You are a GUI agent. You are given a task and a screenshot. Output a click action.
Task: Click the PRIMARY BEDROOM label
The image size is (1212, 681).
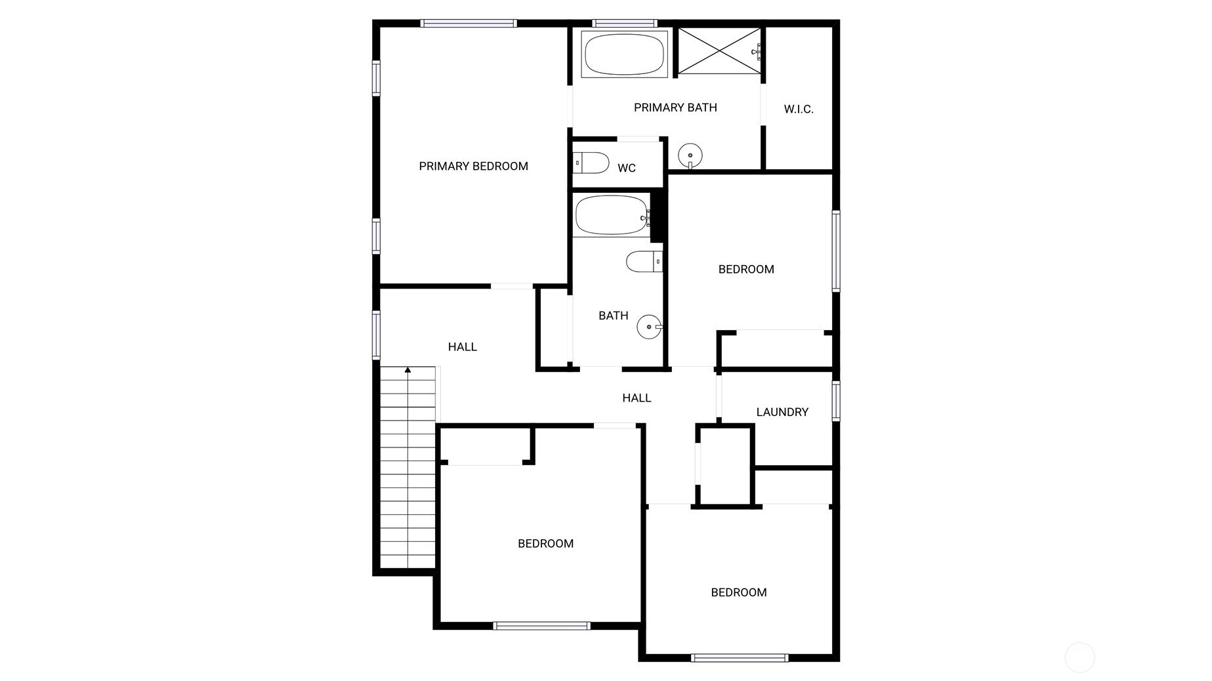(x=473, y=167)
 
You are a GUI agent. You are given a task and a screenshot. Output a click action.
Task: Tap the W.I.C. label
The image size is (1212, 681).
(x=799, y=110)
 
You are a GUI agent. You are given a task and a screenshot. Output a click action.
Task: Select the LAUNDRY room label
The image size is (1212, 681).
(x=782, y=412)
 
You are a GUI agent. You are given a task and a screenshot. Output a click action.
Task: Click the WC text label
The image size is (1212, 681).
(x=627, y=169)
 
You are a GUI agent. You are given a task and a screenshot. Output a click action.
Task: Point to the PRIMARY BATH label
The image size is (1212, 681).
(x=675, y=108)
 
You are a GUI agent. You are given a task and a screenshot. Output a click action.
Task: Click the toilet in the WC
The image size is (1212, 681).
(x=591, y=163)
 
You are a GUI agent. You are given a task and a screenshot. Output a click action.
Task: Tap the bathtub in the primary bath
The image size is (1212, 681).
(x=624, y=54)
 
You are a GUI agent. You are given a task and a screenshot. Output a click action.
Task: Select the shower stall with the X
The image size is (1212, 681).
(x=719, y=51)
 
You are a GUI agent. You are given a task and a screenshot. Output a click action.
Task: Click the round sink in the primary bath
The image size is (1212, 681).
(x=690, y=156)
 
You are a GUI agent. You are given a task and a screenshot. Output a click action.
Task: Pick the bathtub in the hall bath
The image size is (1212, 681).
(x=612, y=215)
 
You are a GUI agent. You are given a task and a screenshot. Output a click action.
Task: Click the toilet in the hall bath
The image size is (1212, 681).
(x=644, y=262)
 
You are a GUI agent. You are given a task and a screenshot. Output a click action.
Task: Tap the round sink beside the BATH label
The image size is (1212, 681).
(x=650, y=327)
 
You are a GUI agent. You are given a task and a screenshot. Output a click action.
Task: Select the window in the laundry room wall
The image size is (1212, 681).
(x=836, y=401)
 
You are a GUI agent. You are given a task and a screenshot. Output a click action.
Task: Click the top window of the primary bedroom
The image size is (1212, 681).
(x=469, y=24)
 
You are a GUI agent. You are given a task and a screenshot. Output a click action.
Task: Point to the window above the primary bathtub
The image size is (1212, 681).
(x=625, y=24)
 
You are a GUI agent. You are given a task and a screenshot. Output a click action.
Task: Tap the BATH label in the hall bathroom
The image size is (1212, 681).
(x=614, y=316)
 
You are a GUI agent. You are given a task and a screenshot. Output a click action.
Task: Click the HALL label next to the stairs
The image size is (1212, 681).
(x=463, y=347)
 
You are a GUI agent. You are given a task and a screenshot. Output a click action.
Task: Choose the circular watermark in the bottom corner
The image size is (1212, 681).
(x=1079, y=657)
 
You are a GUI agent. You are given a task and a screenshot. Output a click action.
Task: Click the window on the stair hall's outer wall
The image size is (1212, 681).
(x=376, y=335)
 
